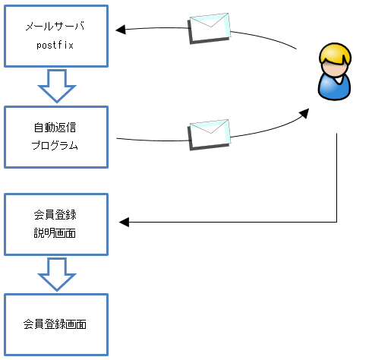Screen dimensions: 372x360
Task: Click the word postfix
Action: click(x=55, y=46)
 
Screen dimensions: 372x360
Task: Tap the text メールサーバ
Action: click(x=55, y=26)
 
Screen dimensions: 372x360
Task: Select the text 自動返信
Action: click(x=55, y=128)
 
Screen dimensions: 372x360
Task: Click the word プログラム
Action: click(x=55, y=146)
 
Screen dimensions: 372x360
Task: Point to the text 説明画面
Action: click(x=55, y=233)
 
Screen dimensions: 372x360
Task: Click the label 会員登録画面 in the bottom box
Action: click(x=55, y=324)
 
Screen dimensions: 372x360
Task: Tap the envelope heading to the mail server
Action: click(x=210, y=28)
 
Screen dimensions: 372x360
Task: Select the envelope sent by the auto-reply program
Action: click(x=210, y=134)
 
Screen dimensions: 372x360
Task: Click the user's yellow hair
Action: click(x=335, y=55)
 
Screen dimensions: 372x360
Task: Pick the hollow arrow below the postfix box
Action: click(x=57, y=86)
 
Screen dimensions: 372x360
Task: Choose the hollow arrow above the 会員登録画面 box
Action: click(x=57, y=274)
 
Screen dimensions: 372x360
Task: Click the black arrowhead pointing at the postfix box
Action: click(x=121, y=30)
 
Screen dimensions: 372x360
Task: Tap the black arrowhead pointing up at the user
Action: click(x=304, y=113)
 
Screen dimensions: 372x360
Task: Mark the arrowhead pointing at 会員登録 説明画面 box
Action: click(x=124, y=223)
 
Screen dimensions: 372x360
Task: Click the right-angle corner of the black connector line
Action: click(x=337, y=223)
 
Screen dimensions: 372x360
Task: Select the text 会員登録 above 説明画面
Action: click(x=55, y=215)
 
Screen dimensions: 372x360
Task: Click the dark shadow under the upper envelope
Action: click(x=210, y=41)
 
